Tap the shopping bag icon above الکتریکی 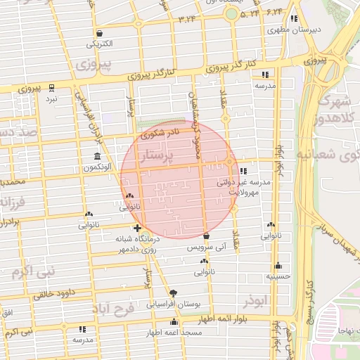99,33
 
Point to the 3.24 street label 188,19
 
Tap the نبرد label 52,100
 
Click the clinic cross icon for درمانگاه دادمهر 136,228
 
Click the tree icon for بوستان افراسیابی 173,292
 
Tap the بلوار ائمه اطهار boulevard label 204,319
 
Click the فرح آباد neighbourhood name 113,309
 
